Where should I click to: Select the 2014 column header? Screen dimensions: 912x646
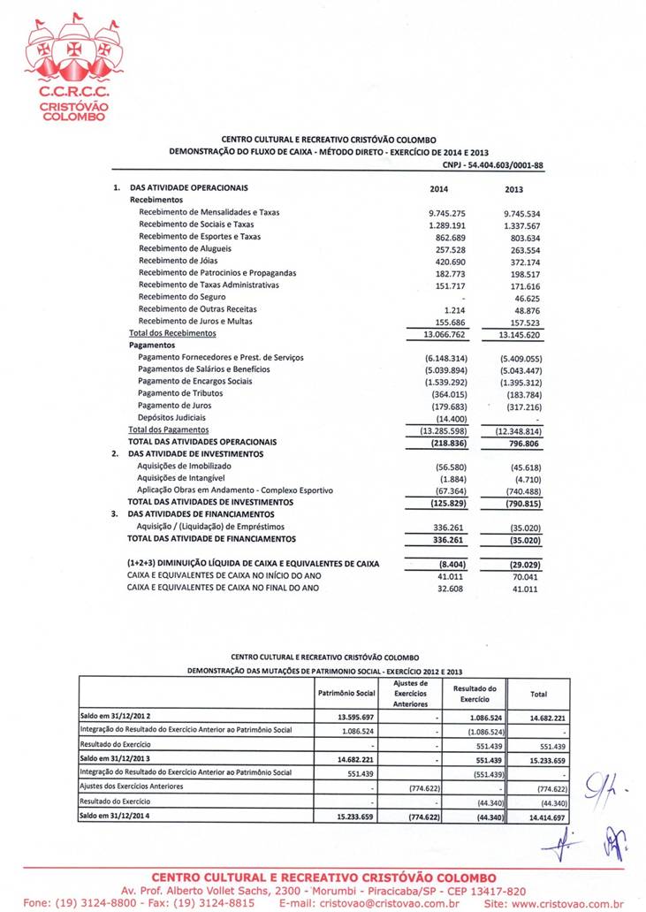click(x=439, y=188)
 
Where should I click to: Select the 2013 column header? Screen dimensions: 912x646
click(x=513, y=188)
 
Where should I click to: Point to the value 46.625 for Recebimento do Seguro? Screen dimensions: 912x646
click(x=528, y=297)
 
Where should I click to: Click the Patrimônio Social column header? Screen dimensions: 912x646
click(x=346, y=694)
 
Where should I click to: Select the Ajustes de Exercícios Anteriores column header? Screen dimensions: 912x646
click(x=410, y=694)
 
